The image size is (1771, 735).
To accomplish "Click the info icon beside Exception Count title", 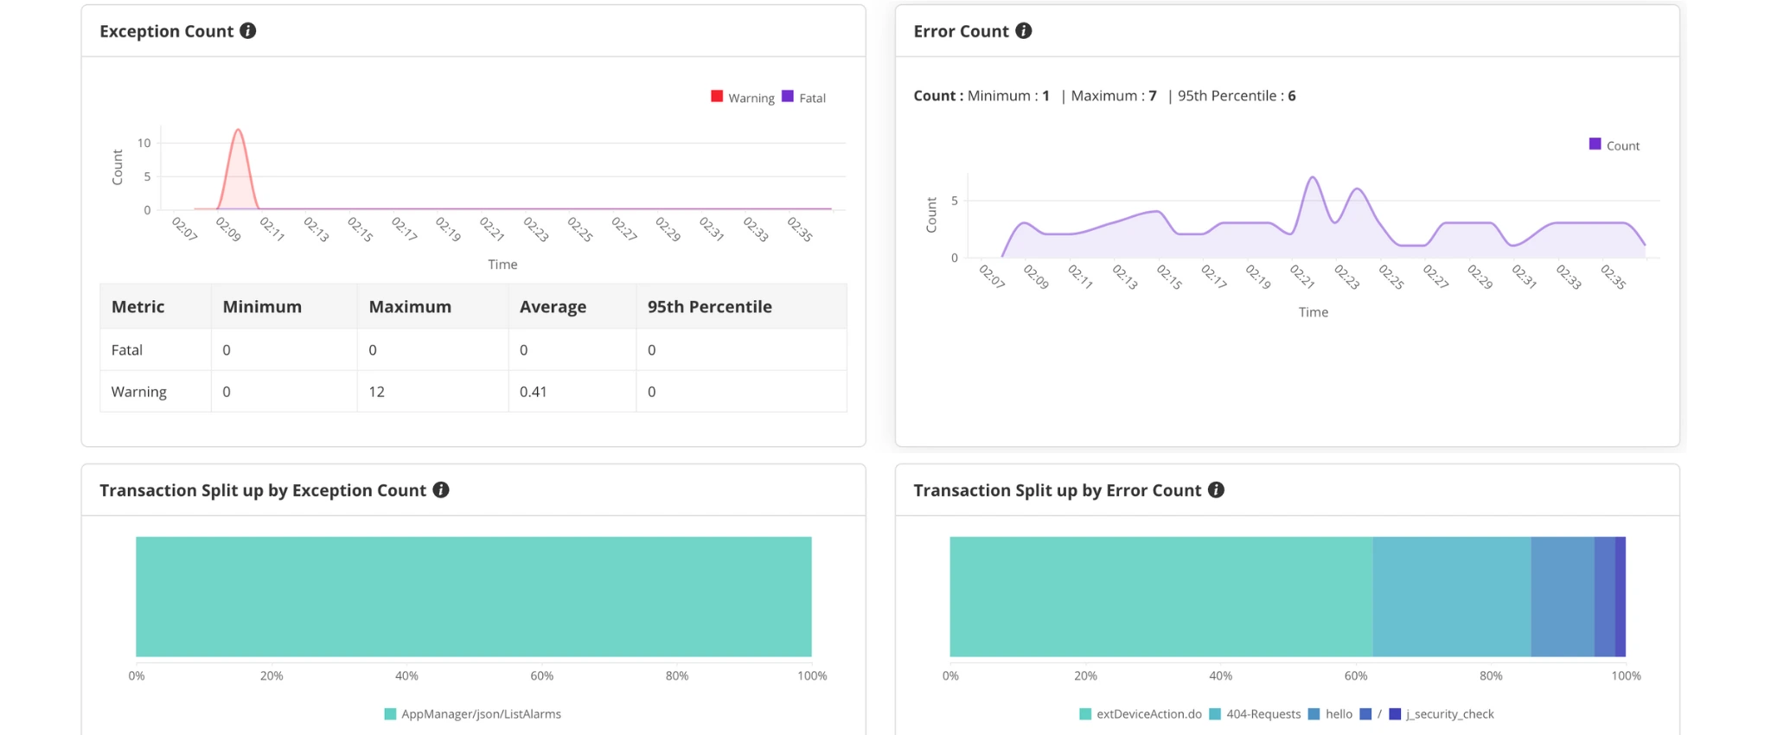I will pyautogui.click(x=248, y=31).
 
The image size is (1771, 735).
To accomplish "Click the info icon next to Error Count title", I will pyautogui.click(x=1024, y=31).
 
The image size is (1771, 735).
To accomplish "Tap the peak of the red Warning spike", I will pyautogui.click(x=238, y=131).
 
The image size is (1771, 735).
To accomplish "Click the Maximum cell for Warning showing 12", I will pyautogui.click(x=377, y=392).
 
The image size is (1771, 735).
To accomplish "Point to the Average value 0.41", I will pyautogui.click(x=533, y=392).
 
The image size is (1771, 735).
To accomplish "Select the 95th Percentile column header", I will pyautogui.click(x=709, y=307).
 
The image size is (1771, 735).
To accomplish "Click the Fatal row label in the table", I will pyautogui.click(x=127, y=350).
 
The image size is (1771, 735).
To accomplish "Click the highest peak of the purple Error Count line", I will pyautogui.click(x=1313, y=178).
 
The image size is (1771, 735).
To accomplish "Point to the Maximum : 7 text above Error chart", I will pyautogui.click(x=1114, y=96).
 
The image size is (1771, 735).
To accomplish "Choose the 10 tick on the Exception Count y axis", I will pyautogui.click(x=144, y=144).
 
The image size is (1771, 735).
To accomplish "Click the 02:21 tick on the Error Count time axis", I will pyautogui.click(x=1301, y=277).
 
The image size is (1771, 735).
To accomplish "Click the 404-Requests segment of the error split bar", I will pyautogui.click(x=1451, y=597).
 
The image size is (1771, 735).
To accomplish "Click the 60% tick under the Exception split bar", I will pyautogui.click(x=542, y=676).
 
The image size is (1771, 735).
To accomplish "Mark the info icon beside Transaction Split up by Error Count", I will pyautogui.click(x=1216, y=490).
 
